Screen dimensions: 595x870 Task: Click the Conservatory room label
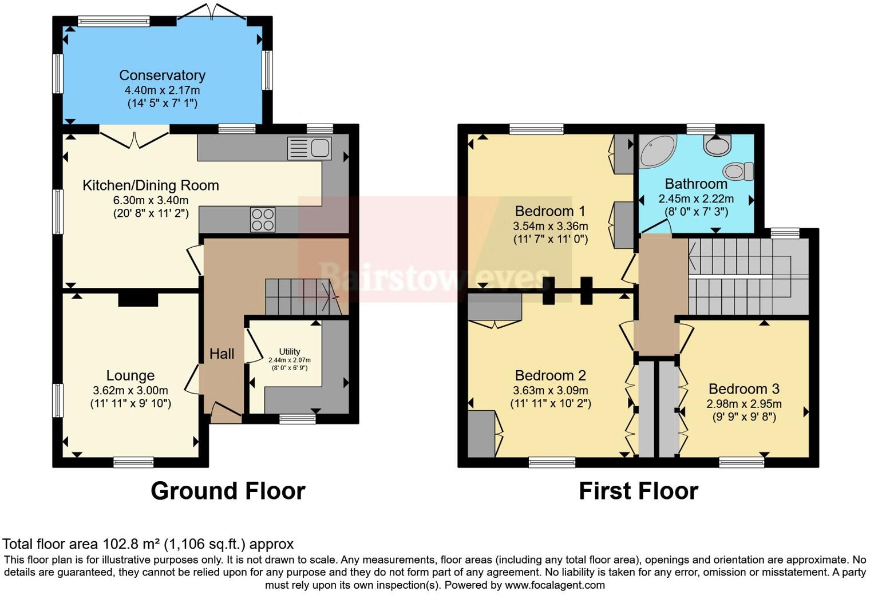coord(162,75)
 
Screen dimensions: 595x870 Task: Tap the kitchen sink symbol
coord(309,148)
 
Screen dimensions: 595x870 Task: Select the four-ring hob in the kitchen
coord(263,220)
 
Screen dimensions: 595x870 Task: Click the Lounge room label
coord(130,375)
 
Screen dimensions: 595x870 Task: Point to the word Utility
coord(290,351)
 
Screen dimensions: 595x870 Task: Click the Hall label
coord(222,354)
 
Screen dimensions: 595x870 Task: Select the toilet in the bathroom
coord(738,170)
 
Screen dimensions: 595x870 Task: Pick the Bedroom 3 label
coord(744,389)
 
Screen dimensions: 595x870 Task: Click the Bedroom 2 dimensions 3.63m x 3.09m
coord(550,390)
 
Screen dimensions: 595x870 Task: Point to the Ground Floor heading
coord(228,491)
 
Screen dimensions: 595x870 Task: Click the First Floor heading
coord(638,491)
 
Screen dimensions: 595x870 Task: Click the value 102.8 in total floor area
coord(119,544)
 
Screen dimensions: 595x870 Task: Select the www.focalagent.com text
coord(555,585)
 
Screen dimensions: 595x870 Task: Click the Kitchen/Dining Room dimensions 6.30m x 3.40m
coord(151,200)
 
